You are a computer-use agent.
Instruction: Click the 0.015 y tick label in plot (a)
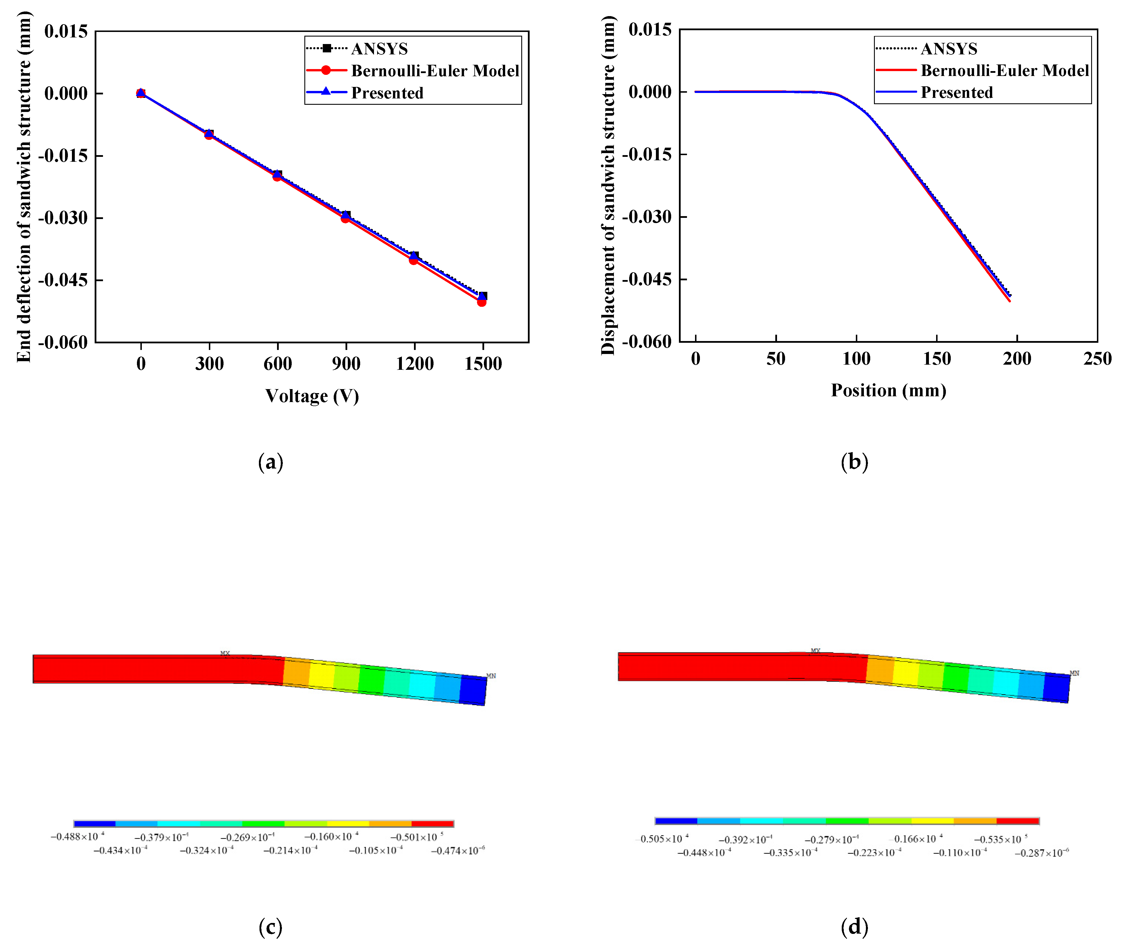[x=66, y=31]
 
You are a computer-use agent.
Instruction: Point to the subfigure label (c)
[x=270, y=927]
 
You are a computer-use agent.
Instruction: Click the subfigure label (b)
[x=854, y=462]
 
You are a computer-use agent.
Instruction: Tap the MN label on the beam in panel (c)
[x=491, y=676]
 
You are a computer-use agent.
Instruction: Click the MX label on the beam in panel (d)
[x=816, y=651]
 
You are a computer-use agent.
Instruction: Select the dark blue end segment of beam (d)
[x=1056, y=688]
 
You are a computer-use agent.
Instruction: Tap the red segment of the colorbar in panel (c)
[x=432, y=823]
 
